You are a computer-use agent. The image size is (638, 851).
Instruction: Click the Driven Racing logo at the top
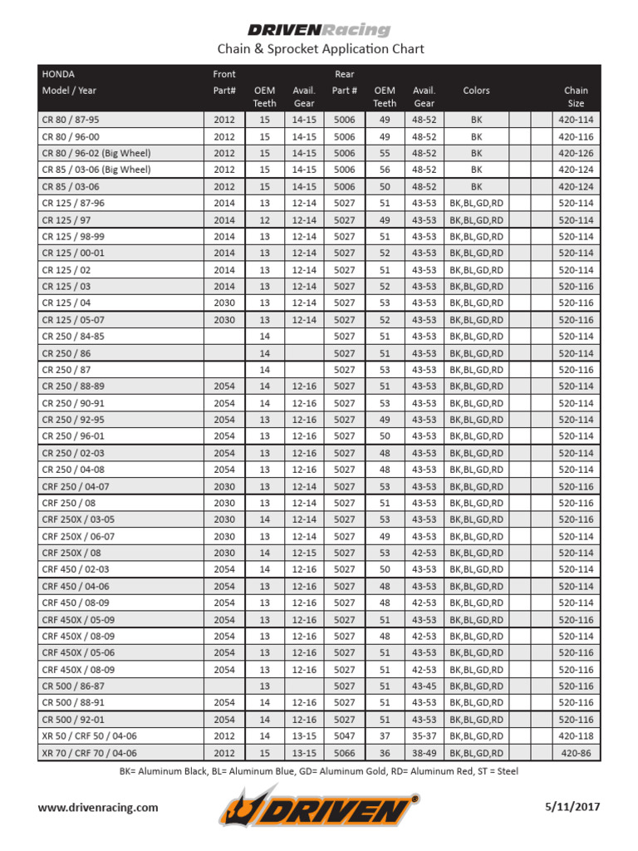point(320,30)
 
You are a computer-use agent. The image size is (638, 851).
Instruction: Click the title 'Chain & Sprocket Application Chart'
point(320,50)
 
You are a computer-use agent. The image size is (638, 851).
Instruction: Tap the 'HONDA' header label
point(58,74)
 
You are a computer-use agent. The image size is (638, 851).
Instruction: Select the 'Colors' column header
point(476,91)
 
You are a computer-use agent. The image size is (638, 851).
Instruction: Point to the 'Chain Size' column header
point(576,96)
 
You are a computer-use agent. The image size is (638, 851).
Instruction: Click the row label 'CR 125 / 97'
point(67,220)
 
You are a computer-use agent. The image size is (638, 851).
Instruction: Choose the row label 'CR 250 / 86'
point(67,353)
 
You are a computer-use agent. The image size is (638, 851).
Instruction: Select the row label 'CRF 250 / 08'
point(69,503)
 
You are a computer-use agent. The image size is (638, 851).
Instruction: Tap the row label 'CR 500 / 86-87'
point(73,686)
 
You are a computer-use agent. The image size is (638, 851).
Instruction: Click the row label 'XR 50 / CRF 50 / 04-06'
point(90,736)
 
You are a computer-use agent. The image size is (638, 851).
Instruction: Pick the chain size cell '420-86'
point(576,753)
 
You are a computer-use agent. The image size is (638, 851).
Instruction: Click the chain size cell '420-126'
point(576,154)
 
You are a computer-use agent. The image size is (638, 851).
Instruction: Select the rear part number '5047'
point(344,736)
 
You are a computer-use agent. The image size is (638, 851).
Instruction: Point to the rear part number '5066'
point(344,753)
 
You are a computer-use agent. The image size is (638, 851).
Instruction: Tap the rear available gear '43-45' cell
point(424,686)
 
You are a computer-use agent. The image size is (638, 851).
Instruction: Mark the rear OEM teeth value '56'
point(385,170)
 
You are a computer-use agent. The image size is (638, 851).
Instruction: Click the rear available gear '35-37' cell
point(424,736)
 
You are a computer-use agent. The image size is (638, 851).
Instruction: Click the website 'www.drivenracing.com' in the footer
point(98,807)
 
